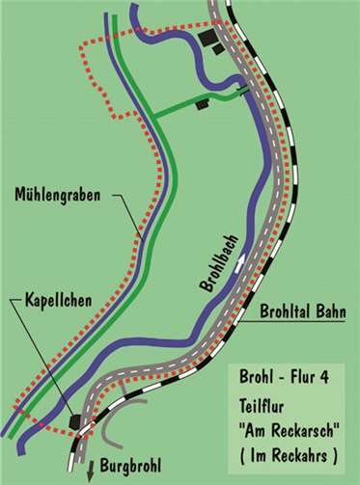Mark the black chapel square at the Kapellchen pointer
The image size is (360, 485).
pyautogui.click(x=75, y=420)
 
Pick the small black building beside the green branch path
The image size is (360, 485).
pyautogui.click(x=203, y=103)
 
